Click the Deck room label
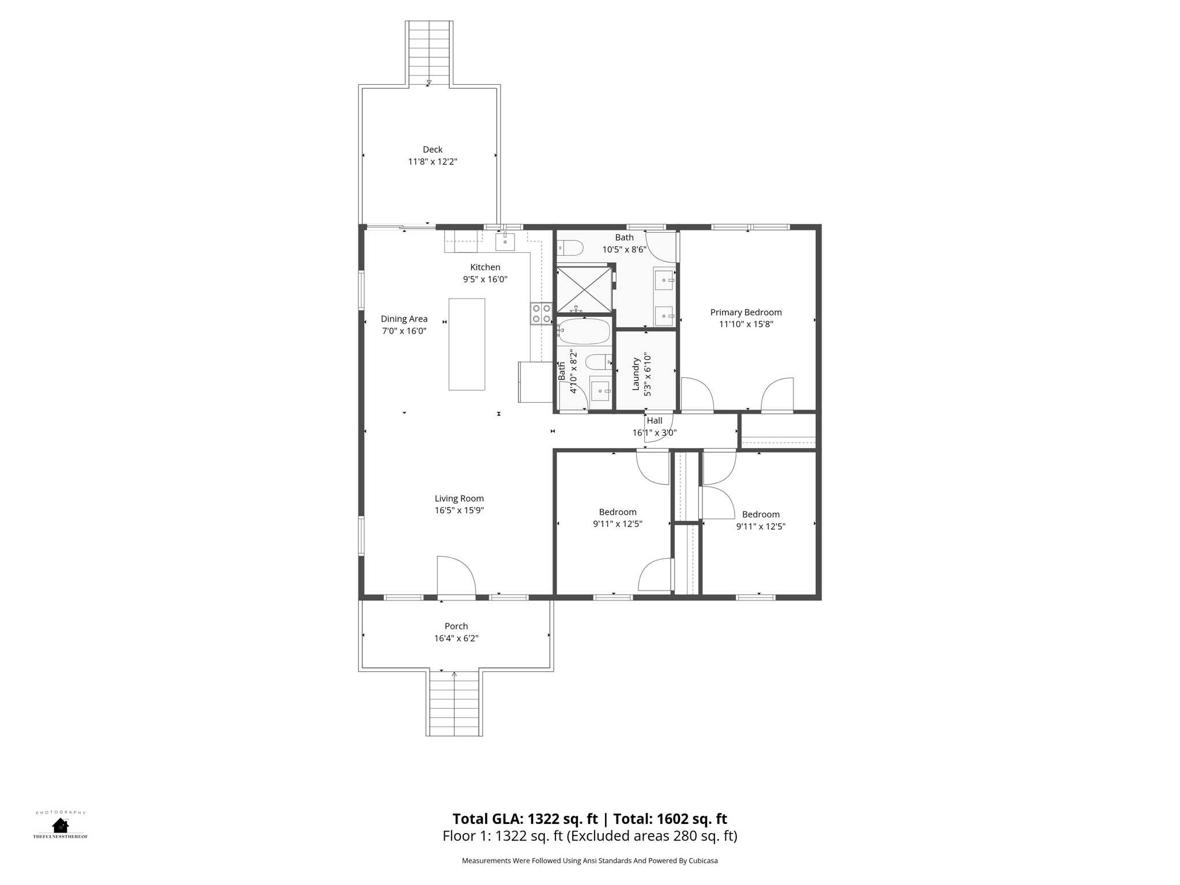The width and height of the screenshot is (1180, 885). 433,150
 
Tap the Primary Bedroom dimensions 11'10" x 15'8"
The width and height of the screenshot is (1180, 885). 746,324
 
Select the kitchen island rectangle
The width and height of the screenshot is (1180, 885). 467,345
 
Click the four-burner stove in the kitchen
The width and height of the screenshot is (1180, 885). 542,314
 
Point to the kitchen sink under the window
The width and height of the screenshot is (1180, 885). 505,242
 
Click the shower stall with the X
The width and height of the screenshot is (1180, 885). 584,289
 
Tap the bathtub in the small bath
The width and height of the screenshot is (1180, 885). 584,332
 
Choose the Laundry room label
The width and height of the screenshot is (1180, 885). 636,374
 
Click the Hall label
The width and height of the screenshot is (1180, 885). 655,421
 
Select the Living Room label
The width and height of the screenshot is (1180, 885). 459,499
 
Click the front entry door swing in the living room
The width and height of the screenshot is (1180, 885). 456,576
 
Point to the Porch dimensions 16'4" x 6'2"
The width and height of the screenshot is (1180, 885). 456,638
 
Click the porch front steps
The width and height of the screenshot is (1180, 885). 454,703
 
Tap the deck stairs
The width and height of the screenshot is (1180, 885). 429,53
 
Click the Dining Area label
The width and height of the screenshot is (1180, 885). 404,319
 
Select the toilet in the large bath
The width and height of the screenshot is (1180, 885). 570,248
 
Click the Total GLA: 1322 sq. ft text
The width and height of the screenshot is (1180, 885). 526,819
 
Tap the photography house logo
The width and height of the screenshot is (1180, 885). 60,825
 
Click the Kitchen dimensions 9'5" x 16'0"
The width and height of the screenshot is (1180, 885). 485,279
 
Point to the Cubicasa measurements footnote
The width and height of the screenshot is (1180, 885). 589,861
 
